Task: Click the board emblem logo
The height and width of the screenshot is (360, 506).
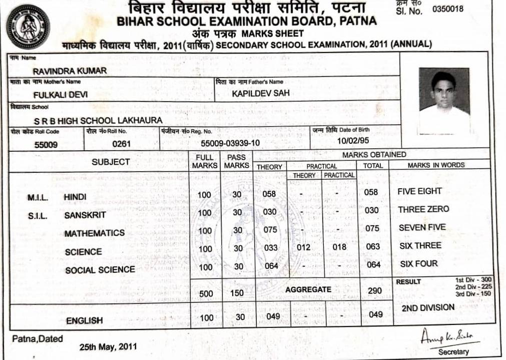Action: click(28, 27)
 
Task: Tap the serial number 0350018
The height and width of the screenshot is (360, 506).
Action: click(448, 9)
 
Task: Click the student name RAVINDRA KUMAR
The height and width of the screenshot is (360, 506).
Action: click(70, 71)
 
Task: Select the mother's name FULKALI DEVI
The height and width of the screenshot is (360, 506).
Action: click(60, 94)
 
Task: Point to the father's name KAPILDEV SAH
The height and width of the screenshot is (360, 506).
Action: click(260, 93)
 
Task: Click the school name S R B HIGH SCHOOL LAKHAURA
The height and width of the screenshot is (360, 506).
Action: click(98, 120)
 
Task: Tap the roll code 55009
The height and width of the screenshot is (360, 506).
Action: click(46, 145)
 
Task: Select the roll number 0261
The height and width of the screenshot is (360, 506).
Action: click(121, 144)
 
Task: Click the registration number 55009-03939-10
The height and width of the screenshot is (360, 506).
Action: click(230, 143)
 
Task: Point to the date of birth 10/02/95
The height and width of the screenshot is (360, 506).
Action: click(353, 141)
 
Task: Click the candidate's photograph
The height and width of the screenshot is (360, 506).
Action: click(444, 101)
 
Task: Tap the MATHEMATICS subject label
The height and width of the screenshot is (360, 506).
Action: click(95, 233)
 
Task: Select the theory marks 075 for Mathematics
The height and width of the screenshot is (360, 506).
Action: click(270, 230)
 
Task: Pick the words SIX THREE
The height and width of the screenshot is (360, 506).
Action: click(419, 246)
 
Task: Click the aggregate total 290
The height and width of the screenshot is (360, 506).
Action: click(374, 290)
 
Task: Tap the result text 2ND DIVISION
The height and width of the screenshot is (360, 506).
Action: click(428, 308)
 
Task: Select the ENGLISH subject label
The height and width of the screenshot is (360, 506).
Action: click(84, 320)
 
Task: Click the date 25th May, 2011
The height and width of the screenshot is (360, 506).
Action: click(108, 346)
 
